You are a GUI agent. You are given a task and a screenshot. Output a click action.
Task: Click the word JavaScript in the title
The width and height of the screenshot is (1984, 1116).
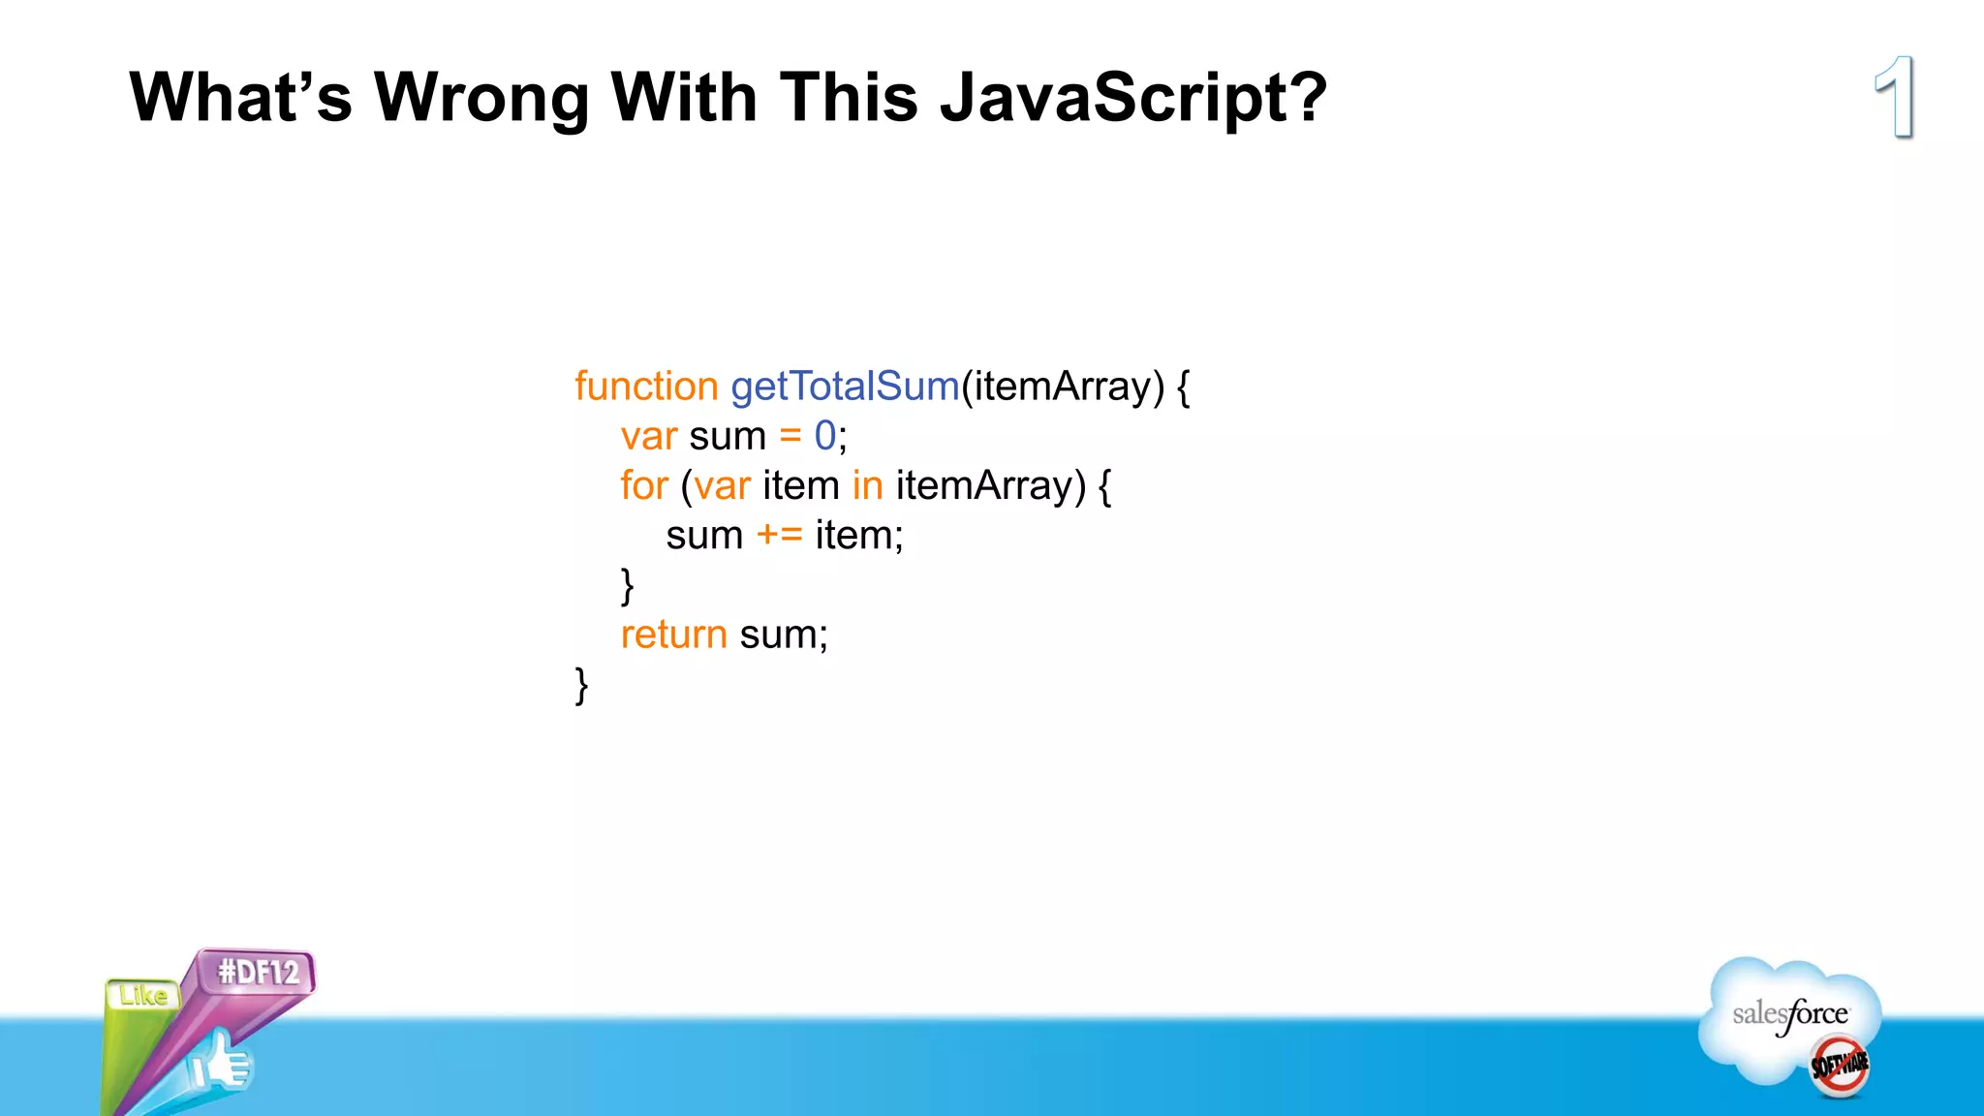click(x=1133, y=98)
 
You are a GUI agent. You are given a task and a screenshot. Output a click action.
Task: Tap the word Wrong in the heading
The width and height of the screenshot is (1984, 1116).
click(x=481, y=98)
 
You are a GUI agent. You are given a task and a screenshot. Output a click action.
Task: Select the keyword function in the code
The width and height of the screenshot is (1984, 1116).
click(x=646, y=387)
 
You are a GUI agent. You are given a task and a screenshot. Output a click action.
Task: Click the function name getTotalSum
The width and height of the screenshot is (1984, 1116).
click(x=845, y=387)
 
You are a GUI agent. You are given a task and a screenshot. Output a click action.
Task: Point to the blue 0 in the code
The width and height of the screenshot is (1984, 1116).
click(x=824, y=436)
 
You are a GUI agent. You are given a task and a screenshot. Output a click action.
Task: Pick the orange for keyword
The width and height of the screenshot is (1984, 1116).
click(x=644, y=485)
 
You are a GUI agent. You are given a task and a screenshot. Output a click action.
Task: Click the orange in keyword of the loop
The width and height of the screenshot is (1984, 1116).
click(x=867, y=485)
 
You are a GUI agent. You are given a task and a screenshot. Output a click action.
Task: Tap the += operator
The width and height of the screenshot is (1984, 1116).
click(x=779, y=535)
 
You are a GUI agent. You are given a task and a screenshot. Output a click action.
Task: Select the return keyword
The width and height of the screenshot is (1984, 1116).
click(x=673, y=635)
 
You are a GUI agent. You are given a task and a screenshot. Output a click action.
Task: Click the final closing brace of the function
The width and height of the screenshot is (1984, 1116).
click(x=581, y=685)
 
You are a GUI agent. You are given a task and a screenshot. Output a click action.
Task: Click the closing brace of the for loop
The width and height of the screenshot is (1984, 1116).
click(x=627, y=586)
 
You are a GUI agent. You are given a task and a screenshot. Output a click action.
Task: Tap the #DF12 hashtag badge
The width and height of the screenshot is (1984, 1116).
click(x=258, y=972)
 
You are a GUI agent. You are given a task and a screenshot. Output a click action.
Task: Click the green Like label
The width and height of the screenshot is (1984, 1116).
click(x=143, y=995)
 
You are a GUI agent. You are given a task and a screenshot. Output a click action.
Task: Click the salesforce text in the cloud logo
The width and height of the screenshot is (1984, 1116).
click(x=1789, y=1014)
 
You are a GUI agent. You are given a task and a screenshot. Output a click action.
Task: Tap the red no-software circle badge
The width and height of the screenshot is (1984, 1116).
click(x=1839, y=1066)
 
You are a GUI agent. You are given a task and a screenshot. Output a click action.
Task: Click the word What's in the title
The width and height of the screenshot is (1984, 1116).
click(x=240, y=98)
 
